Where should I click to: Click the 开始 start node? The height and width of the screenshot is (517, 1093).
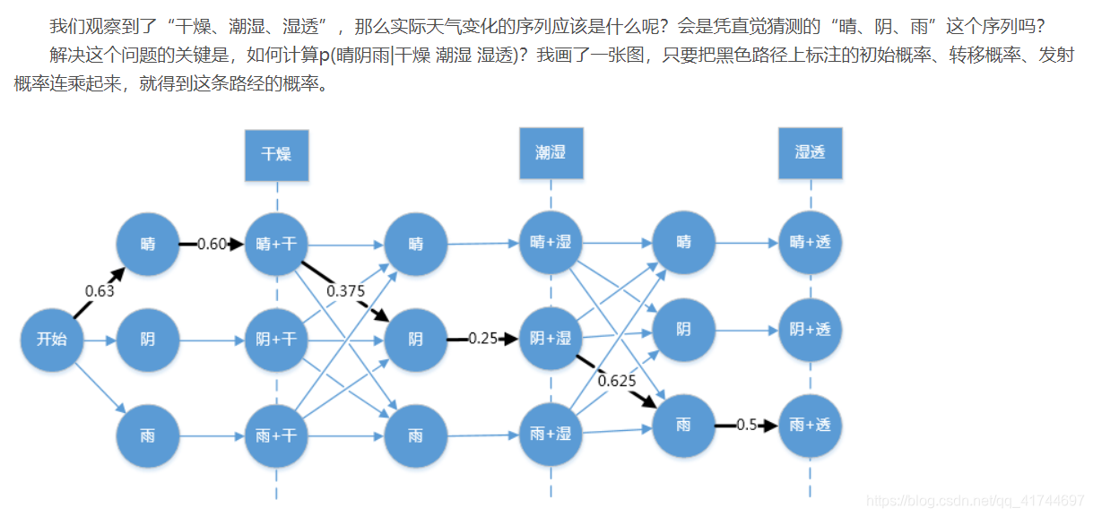click(52, 339)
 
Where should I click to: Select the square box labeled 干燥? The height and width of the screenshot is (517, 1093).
click(276, 153)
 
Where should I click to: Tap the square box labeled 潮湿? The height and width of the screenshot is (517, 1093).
click(551, 152)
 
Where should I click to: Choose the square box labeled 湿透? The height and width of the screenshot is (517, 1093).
click(810, 152)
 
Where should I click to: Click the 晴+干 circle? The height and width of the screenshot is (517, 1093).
click(276, 243)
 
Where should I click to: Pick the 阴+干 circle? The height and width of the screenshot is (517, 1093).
click(276, 340)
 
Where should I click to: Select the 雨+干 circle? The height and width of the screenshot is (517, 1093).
click(276, 436)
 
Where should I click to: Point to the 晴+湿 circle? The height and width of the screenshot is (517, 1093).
click(551, 243)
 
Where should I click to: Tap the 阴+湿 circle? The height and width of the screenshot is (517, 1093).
click(551, 339)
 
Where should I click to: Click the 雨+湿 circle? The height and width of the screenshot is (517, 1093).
click(551, 435)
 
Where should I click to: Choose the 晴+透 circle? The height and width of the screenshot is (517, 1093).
click(810, 242)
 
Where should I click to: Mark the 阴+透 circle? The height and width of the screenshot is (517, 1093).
click(810, 330)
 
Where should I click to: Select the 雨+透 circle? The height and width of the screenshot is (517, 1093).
click(810, 425)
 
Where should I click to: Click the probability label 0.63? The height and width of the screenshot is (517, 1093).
click(100, 290)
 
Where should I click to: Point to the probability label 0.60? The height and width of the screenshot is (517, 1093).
click(212, 244)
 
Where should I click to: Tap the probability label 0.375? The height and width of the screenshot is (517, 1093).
click(344, 290)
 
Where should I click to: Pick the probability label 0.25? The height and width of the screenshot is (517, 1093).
click(482, 339)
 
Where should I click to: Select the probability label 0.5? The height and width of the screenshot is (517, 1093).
click(747, 425)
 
